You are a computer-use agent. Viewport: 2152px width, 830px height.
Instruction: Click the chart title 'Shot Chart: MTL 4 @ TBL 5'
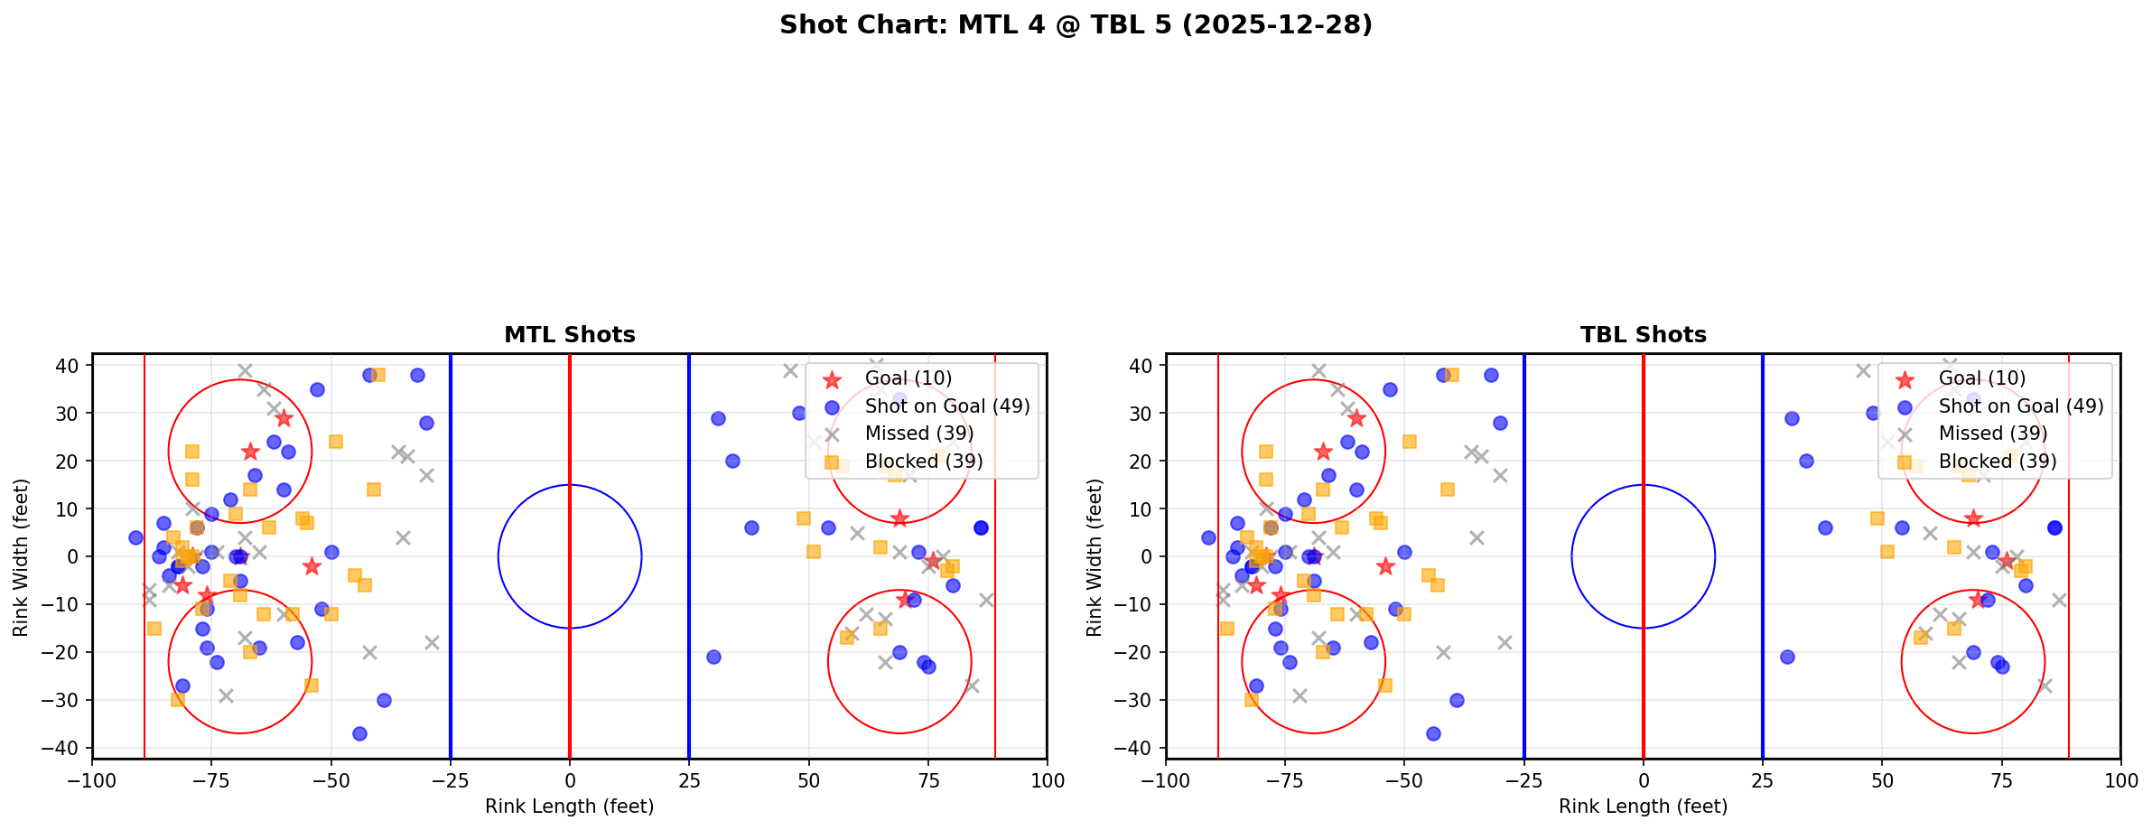[x=1076, y=25]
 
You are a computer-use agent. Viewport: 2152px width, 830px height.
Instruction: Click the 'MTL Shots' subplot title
[x=569, y=335]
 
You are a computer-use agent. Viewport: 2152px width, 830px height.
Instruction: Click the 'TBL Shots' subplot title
[x=1643, y=335]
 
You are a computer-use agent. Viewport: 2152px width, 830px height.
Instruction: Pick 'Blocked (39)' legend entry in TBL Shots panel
[x=1998, y=462]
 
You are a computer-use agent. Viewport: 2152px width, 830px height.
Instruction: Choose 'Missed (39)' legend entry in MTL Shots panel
[x=918, y=434]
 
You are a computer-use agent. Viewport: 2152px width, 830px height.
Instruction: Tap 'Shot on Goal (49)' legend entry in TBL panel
[x=2020, y=406]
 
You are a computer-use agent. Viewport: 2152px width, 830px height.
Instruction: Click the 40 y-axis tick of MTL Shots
[x=70, y=366]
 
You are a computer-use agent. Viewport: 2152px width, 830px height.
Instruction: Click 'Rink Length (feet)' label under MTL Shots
[x=569, y=807]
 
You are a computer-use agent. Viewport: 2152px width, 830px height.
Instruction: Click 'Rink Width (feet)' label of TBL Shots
[x=1094, y=557]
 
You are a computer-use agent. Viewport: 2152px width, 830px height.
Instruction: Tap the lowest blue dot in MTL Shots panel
[x=359, y=733]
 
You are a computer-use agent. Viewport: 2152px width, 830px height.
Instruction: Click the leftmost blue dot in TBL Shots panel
[x=1208, y=537]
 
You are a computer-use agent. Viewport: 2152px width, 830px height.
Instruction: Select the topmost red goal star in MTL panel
[x=284, y=418]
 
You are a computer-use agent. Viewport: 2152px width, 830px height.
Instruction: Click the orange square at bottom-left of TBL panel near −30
[x=1251, y=700]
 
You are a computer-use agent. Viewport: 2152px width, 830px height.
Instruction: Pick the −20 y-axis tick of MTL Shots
[x=70, y=652]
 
